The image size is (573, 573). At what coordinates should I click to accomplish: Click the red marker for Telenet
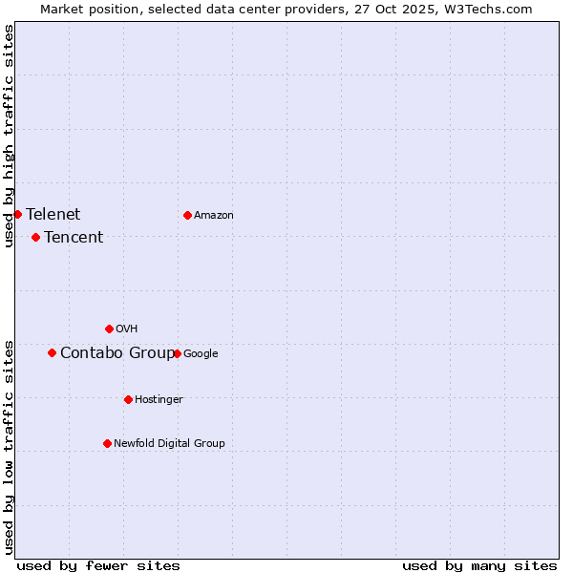pyautogui.click(x=17, y=214)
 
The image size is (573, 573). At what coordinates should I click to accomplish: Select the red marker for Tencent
pyautogui.click(x=35, y=237)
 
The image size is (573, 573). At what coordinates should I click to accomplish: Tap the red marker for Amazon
pyautogui.click(x=187, y=215)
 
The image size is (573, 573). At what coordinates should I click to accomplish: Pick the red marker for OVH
pyautogui.click(x=109, y=329)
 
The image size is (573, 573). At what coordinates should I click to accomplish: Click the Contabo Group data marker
pyautogui.click(x=52, y=352)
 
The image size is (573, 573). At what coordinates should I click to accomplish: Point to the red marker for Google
pyautogui.click(x=177, y=353)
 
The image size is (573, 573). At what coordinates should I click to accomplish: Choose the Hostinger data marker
pyautogui.click(x=128, y=399)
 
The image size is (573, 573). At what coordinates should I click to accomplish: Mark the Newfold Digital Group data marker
pyautogui.click(x=107, y=443)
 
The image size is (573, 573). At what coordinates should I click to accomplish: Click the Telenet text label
pyautogui.click(x=53, y=214)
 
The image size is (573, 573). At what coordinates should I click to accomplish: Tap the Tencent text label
pyautogui.click(x=74, y=237)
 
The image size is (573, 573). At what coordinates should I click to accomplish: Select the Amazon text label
pyautogui.click(x=214, y=215)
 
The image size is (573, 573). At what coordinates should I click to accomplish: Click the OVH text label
pyautogui.click(x=127, y=329)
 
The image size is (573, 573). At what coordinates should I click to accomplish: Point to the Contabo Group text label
pyautogui.click(x=117, y=352)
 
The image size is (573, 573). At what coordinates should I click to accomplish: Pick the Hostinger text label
pyautogui.click(x=159, y=399)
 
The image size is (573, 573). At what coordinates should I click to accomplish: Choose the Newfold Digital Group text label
pyautogui.click(x=169, y=443)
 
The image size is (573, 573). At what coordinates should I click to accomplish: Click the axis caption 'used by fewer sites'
pyautogui.click(x=98, y=565)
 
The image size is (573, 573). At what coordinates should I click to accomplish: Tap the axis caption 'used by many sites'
pyautogui.click(x=479, y=565)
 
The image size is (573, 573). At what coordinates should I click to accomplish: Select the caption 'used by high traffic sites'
pyautogui.click(x=9, y=136)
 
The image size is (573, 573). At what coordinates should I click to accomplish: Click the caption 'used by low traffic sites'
pyautogui.click(x=9, y=446)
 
